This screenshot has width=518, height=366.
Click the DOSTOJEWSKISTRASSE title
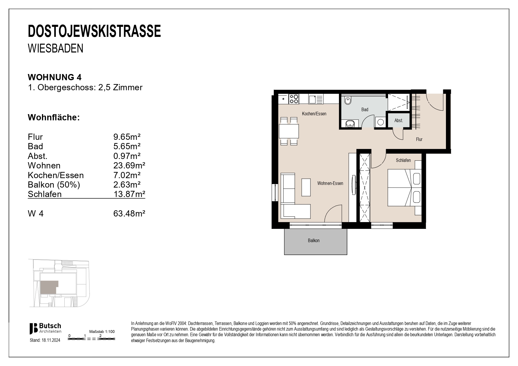[x=94, y=31]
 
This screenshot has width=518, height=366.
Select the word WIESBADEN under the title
[x=56, y=48]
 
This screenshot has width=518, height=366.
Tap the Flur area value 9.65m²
[x=127, y=137]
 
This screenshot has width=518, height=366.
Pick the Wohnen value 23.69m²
[x=129, y=165]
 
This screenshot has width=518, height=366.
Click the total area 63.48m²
[x=129, y=213]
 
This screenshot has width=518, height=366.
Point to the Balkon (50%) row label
[x=54, y=185]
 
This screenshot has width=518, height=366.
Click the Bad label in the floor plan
[x=365, y=110]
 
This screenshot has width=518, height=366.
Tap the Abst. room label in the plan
[x=398, y=121]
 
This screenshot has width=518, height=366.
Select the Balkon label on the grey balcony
[x=314, y=241]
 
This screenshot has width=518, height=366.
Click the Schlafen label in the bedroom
[x=403, y=160]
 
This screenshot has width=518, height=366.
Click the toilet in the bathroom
[x=348, y=101]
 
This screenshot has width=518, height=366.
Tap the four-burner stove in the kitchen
[x=294, y=99]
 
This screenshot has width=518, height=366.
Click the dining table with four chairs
[x=289, y=131]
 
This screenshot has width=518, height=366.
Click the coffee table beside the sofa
[x=306, y=187]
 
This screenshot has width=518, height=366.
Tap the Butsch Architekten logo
[x=45, y=328]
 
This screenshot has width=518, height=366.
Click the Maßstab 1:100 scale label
[x=102, y=331]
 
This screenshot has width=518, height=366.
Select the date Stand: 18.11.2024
[x=45, y=340]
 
